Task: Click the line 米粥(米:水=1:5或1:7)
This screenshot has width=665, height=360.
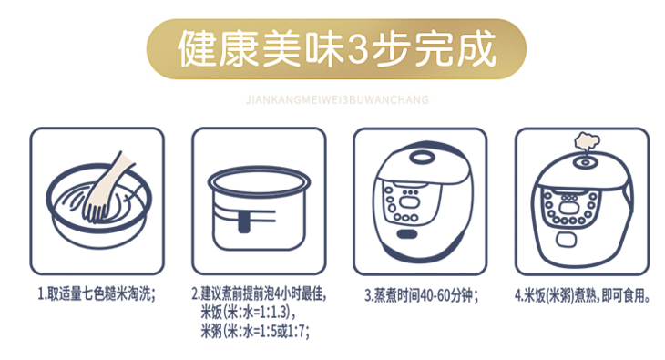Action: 254,332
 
